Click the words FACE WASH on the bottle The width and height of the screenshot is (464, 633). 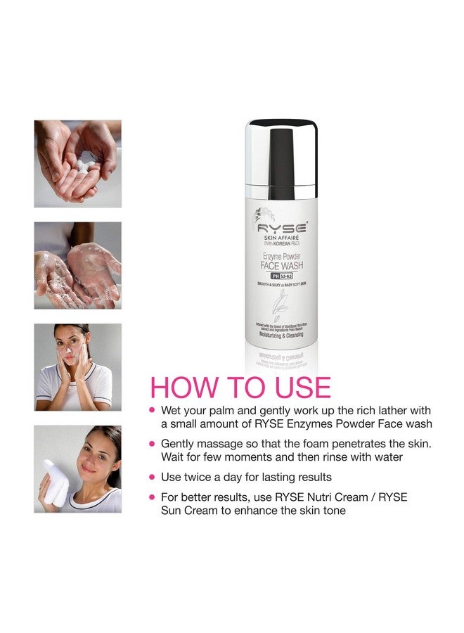(281, 266)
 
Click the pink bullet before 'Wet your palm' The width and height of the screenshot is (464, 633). (151, 410)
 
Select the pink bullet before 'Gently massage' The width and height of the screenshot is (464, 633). (151, 444)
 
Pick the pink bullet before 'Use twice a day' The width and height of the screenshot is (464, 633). (151, 477)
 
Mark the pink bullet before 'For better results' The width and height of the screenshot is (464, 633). (151, 497)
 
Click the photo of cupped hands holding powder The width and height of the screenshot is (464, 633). (77, 164)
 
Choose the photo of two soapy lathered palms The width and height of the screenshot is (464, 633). (77, 265)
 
